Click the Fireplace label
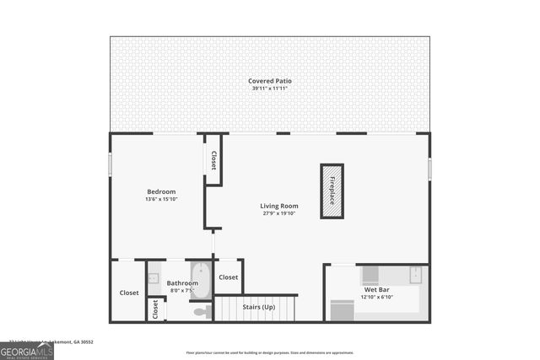pos(332,191)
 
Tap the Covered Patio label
pos(270,81)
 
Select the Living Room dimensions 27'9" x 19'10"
pos(278,213)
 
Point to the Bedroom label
pos(161,191)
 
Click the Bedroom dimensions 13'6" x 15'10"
pos(161,200)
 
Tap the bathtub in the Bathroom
pos(200,281)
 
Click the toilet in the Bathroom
pos(201,312)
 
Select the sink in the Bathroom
pos(154,279)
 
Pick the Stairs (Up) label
pos(257,307)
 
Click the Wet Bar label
pos(375,289)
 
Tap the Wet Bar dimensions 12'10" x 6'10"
pos(377,297)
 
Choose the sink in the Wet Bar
pos(416,273)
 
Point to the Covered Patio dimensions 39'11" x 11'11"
pos(270,89)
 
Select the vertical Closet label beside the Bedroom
pos(213,160)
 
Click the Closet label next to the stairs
pos(229,277)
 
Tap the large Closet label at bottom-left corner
pos(128,293)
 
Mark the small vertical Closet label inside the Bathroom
pos(155,310)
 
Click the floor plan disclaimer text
pos(270,352)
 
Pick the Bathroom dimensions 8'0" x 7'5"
pos(181,291)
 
